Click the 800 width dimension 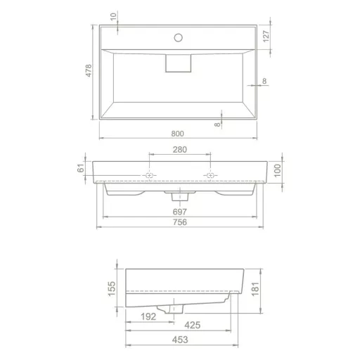click(x=178, y=133)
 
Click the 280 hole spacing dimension click(x=179, y=149)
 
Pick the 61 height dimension click(x=81, y=167)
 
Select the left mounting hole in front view click(x=150, y=176)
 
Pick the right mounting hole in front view click(x=208, y=176)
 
